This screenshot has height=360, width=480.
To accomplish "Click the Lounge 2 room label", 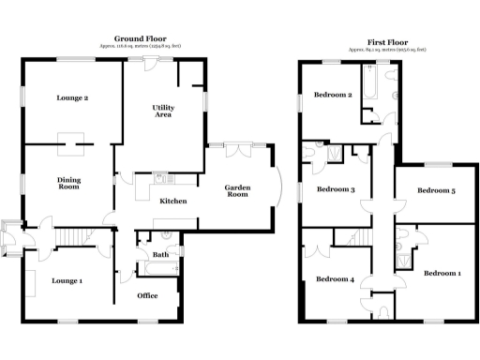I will point(73,98).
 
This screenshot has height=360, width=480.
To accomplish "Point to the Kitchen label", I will point(173,202).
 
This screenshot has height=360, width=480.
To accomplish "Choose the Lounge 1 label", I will point(67,280).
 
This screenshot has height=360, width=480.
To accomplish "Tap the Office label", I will point(147,296).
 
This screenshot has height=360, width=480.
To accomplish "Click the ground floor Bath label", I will point(160,254).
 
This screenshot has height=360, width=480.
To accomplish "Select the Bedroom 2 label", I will point(333,95).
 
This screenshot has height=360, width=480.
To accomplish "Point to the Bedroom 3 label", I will point(335,190).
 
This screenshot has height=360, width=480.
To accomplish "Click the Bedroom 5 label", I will point(436,191).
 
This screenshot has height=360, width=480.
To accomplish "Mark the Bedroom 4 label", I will point(335,279).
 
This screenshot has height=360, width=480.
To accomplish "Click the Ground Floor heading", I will point(133,39).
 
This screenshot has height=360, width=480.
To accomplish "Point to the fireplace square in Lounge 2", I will point(73,142).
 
